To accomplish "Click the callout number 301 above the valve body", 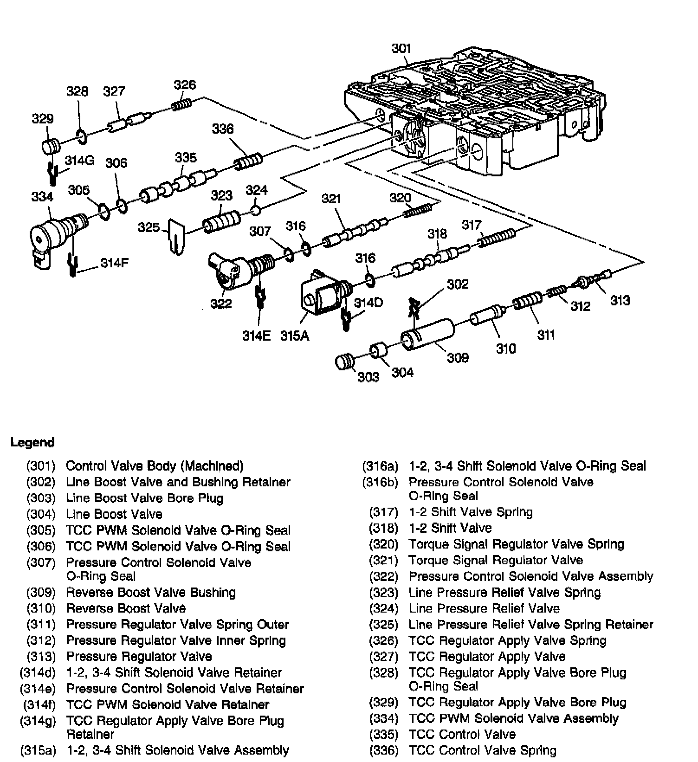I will tap(401, 49).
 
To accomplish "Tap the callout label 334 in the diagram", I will tap(42, 197).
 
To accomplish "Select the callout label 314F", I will tap(114, 263).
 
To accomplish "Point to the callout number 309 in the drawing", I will tap(458, 357).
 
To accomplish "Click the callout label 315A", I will tap(294, 336).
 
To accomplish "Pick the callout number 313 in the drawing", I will tap(620, 301).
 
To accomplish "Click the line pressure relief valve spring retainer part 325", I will tap(177, 237).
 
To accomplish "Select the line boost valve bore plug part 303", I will tap(344, 362).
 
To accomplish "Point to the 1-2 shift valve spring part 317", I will tap(496, 237).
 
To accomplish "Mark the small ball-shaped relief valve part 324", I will tap(255, 211).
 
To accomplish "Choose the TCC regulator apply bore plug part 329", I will tap(50, 146).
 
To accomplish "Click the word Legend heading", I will tap(32, 442).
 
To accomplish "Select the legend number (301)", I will tap(41, 466).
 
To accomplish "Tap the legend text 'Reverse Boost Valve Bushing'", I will tap(151, 593).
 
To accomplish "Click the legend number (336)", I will tap(384, 750).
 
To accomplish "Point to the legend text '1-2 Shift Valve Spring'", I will tap(471, 512).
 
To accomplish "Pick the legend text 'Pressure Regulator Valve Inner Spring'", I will tap(176, 641).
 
